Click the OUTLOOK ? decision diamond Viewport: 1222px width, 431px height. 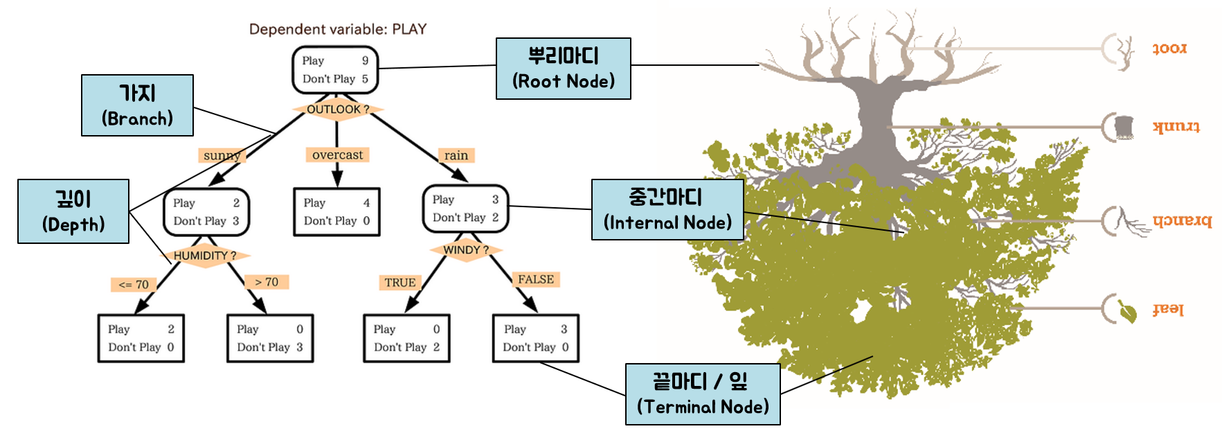coord(337,109)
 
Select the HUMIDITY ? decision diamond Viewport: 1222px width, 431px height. coord(204,256)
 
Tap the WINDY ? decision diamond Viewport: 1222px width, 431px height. coord(465,250)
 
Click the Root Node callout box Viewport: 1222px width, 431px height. coord(563,69)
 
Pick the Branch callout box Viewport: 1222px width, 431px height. coord(137,105)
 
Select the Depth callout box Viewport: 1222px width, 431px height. coord(73,211)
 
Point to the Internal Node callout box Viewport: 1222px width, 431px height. coord(667,209)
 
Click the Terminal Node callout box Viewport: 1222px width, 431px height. coord(703,394)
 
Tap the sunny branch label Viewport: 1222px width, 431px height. coord(222,155)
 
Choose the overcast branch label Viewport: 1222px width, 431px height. coord(337,155)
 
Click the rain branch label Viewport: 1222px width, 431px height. coord(456,155)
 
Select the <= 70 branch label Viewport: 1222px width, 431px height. coord(134,284)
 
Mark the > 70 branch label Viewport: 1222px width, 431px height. coord(267,282)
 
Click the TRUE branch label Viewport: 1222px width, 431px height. coord(400,283)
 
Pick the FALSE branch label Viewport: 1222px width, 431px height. coord(536,279)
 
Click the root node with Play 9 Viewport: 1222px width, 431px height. coord(335,70)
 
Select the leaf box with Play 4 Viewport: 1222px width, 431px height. coord(336,212)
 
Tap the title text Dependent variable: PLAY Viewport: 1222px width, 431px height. coord(338,29)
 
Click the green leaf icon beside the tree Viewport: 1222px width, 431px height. coord(1127,313)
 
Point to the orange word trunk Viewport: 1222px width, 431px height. coord(1176,127)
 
